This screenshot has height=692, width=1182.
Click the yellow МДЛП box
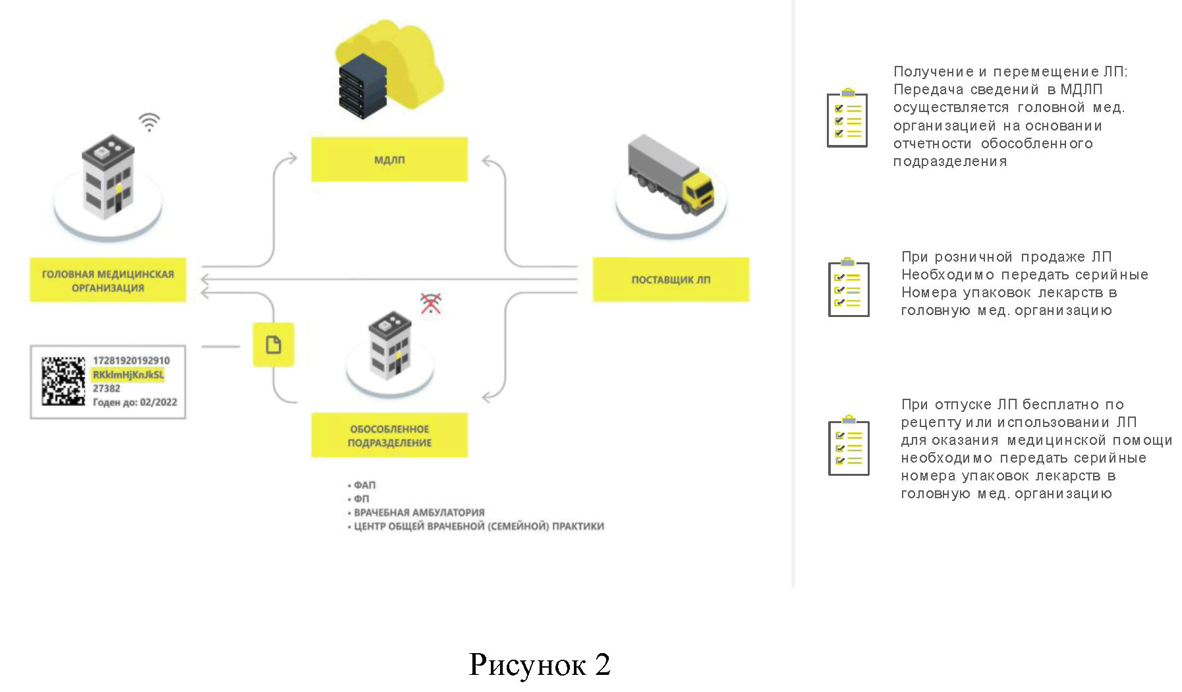[x=389, y=159]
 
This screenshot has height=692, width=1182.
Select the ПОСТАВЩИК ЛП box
[x=671, y=279]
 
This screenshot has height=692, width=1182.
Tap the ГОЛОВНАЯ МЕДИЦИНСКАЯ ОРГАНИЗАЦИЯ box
[x=108, y=280]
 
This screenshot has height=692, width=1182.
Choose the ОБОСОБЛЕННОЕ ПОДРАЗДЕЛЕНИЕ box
[x=389, y=436]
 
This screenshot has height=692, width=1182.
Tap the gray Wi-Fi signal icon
[x=150, y=122]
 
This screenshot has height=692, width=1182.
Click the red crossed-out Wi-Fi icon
[x=431, y=303]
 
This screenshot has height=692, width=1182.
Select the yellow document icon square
[x=273, y=345]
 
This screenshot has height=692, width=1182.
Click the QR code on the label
[x=63, y=381]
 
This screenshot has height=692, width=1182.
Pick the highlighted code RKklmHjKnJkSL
[x=128, y=375]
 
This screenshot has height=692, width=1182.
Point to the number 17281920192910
[x=131, y=360]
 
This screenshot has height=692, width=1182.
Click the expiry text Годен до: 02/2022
[x=135, y=402]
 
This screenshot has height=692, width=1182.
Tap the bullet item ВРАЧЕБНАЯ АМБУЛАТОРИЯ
[x=419, y=512]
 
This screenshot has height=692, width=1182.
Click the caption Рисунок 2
[x=539, y=664]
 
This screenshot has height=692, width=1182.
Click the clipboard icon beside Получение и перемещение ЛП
[x=847, y=118]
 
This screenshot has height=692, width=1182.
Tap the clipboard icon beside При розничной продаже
[x=849, y=288]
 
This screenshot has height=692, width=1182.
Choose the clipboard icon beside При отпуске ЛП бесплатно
[x=849, y=446]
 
